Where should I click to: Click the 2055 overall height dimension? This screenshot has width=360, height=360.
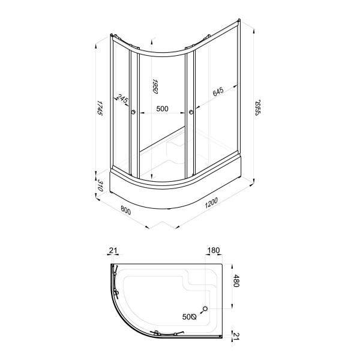(x=258, y=107)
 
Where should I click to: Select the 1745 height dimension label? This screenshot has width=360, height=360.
(x=100, y=107)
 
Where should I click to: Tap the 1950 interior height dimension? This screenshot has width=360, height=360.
(x=155, y=86)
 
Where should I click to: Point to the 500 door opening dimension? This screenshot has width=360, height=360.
(x=163, y=109)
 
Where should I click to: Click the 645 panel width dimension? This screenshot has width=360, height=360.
(x=218, y=92)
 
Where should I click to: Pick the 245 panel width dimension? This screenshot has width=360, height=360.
(x=122, y=98)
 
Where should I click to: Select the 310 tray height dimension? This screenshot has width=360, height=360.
(x=100, y=185)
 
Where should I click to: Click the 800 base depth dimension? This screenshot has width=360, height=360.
(x=125, y=211)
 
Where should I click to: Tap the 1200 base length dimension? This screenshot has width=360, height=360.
(x=211, y=203)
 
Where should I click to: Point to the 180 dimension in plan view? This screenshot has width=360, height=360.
(x=214, y=250)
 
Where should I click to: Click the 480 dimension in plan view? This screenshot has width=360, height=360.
(x=236, y=281)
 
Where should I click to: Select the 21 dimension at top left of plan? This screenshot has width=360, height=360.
(x=113, y=250)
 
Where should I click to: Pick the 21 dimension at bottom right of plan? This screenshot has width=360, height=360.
(x=236, y=337)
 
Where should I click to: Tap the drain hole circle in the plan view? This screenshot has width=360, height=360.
(x=205, y=308)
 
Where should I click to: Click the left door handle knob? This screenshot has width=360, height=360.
(x=133, y=112)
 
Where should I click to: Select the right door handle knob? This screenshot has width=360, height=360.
(x=191, y=112)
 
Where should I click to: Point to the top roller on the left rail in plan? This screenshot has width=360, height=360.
(x=115, y=274)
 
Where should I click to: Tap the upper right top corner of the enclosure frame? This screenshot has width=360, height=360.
(x=239, y=20)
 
